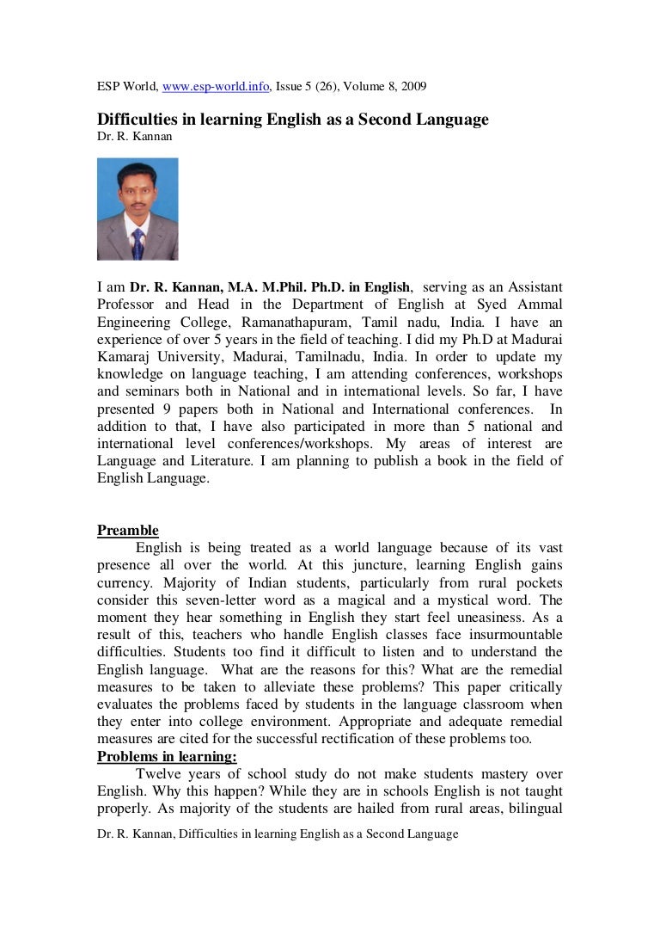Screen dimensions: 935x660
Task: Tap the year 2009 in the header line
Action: (412, 87)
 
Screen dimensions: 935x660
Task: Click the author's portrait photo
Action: (137, 209)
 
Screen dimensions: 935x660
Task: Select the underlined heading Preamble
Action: (128, 531)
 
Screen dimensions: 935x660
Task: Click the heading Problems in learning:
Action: (167, 757)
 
